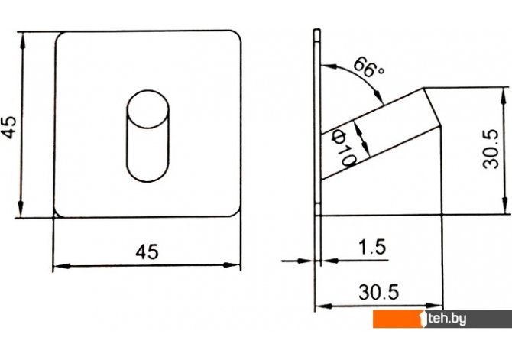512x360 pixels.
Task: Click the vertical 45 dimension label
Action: pyautogui.click(x=9, y=128)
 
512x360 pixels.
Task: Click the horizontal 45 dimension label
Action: pyautogui.click(x=147, y=252)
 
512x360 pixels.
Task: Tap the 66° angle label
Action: pyautogui.click(x=368, y=67)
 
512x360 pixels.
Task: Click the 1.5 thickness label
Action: pyautogui.click(x=372, y=247)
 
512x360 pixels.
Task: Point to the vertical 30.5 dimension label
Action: pyautogui.click(x=491, y=149)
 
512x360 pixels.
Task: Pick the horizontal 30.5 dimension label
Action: pyautogui.click(x=379, y=292)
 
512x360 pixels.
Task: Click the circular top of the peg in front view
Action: pyautogui.click(x=147, y=109)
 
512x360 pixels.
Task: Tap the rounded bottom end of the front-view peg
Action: pyautogui.click(x=147, y=173)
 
